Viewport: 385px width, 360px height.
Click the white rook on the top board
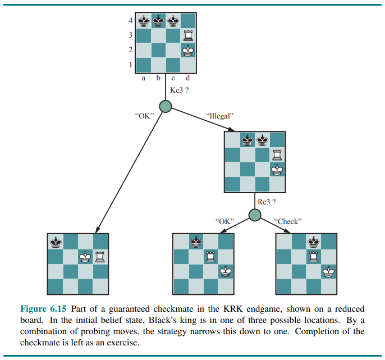(x=189, y=35)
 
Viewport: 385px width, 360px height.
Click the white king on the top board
(x=189, y=51)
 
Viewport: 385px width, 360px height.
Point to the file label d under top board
(x=187, y=78)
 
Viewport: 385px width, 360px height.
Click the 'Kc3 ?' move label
(x=179, y=90)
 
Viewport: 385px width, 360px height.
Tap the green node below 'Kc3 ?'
(x=166, y=106)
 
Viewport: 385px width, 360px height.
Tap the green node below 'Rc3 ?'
(x=255, y=215)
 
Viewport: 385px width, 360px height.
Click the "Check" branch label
(x=288, y=221)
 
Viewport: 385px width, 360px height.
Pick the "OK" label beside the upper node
(x=145, y=116)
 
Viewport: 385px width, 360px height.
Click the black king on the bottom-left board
(x=56, y=242)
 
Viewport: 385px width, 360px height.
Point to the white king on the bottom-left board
(x=86, y=257)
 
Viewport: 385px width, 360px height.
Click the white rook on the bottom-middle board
(x=210, y=257)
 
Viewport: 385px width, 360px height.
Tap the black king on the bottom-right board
(x=314, y=242)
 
